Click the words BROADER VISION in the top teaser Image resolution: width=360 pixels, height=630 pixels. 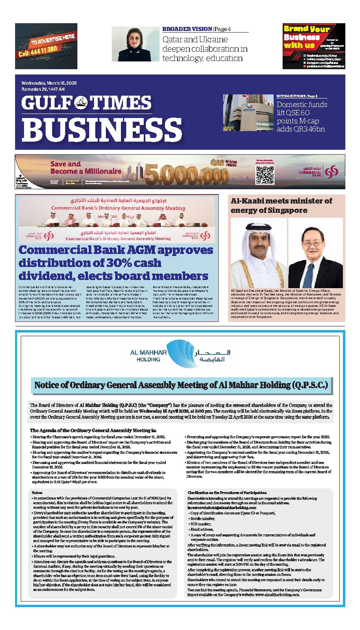pos(187,29)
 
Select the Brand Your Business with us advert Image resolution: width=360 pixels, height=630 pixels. pos(314,46)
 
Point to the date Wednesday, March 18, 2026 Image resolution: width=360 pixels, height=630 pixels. pos(49,83)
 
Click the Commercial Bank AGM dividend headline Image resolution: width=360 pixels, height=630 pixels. pos(116,263)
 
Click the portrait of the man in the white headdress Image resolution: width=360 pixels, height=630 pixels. pos(258,253)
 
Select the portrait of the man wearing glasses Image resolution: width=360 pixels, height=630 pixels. pos(315,253)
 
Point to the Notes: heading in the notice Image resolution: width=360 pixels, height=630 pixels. pos(37,492)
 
